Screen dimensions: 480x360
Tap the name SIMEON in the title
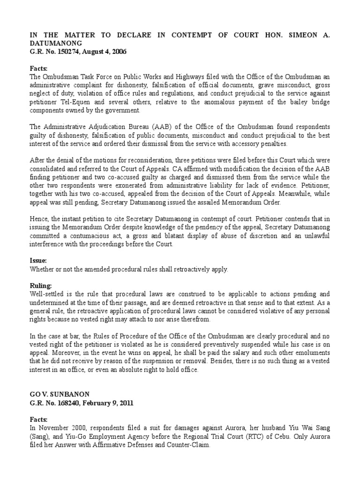pyautogui.click(x=301, y=36)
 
